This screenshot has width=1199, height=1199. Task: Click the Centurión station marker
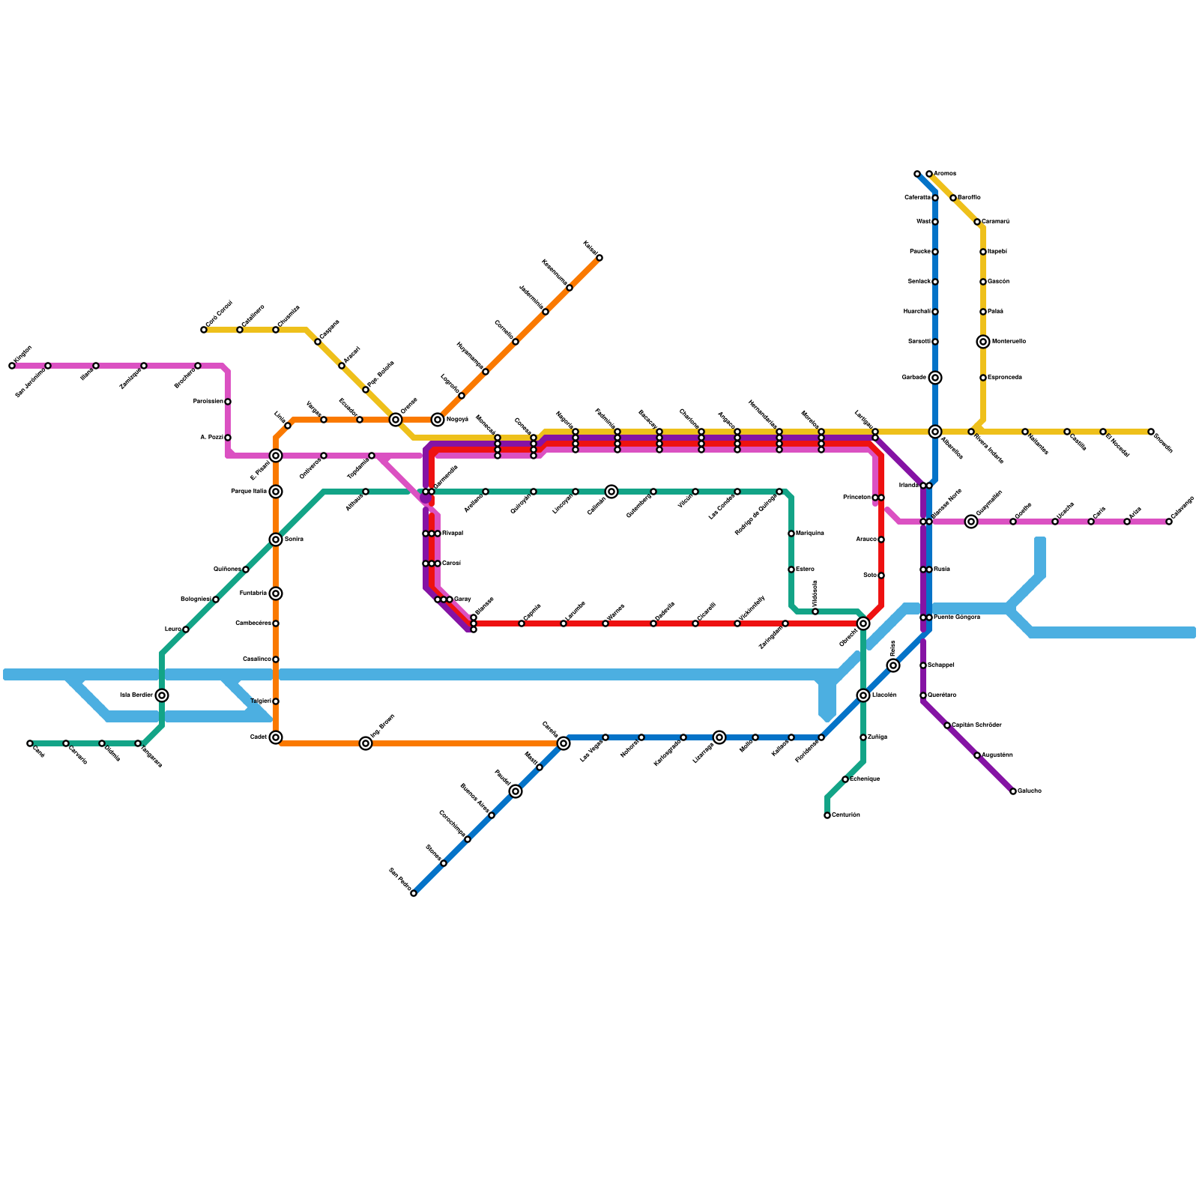pyautogui.click(x=827, y=815)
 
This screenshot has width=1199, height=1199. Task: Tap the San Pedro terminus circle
pyautogui.click(x=414, y=893)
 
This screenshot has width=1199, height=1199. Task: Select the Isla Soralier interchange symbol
pyautogui.click(x=162, y=695)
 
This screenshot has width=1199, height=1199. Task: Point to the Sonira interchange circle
pyautogui.click(x=276, y=540)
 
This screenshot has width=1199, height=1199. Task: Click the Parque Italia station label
pyautogui.click(x=249, y=492)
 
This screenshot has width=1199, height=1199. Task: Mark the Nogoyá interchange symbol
pyautogui.click(x=438, y=420)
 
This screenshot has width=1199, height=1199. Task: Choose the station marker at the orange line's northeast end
pyautogui.click(x=599, y=258)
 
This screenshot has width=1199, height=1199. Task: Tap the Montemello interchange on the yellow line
pyautogui.click(x=983, y=342)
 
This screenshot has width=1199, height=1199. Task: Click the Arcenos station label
pyautogui.click(x=944, y=174)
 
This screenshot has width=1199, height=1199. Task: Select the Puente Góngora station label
pyautogui.click(x=957, y=617)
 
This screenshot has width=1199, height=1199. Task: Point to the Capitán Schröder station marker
pyautogui.click(x=947, y=725)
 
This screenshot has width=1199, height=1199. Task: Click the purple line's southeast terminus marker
pyautogui.click(x=1013, y=791)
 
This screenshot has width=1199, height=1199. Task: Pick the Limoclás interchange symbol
pyautogui.click(x=863, y=695)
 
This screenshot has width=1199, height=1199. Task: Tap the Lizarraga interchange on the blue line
pyautogui.click(x=719, y=737)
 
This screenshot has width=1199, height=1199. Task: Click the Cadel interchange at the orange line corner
pyautogui.click(x=276, y=737)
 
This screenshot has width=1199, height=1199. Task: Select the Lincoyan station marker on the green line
pyautogui.click(x=576, y=492)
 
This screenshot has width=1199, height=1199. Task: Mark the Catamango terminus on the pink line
pyautogui.click(x=1169, y=522)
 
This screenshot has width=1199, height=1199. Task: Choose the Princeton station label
pyautogui.click(x=857, y=498)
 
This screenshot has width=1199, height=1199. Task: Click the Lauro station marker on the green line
pyautogui.click(x=186, y=629)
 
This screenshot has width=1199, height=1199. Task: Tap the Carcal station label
pyautogui.click(x=451, y=564)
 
